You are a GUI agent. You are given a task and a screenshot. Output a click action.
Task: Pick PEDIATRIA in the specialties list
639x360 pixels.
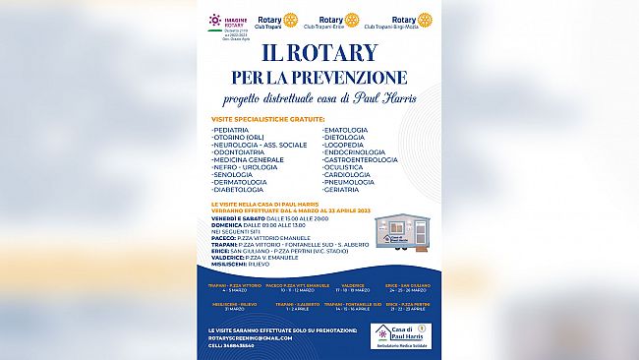233,129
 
